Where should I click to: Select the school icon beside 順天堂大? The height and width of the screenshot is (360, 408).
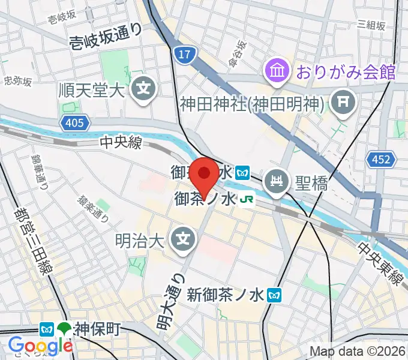coord(144,90)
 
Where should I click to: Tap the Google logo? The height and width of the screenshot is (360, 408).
coord(40,345)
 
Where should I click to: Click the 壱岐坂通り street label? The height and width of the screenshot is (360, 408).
coord(105,39)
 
